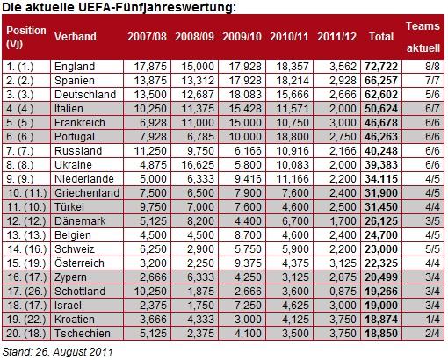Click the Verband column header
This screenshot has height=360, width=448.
tap(76, 37)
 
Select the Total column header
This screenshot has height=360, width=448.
tap(381, 37)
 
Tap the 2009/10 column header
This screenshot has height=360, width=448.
tap(242, 37)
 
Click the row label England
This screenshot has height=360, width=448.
tap(75, 67)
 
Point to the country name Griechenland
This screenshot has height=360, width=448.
tap(87, 193)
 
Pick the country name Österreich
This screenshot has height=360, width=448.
tap(79, 263)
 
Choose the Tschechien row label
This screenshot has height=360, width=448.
tap(83, 334)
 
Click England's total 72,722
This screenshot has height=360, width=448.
tap(381, 67)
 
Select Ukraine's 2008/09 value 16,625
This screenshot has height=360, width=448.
tap(198, 165)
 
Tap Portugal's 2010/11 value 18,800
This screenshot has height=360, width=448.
tap(293, 137)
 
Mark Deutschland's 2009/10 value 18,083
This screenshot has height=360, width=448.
tap(245, 95)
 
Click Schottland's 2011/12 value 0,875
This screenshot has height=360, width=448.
tap(343, 292)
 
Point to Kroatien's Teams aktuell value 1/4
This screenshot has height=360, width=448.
tap(432, 320)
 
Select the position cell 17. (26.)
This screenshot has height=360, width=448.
tap(26, 292)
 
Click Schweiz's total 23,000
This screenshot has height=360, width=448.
tap(381, 249)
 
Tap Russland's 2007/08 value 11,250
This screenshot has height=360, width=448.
tap(150, 151)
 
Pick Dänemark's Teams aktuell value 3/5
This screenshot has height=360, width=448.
tap(432, 221)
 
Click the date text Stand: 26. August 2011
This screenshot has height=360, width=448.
tap(58, 351)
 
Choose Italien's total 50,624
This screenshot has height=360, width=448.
tap(381, 109)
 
